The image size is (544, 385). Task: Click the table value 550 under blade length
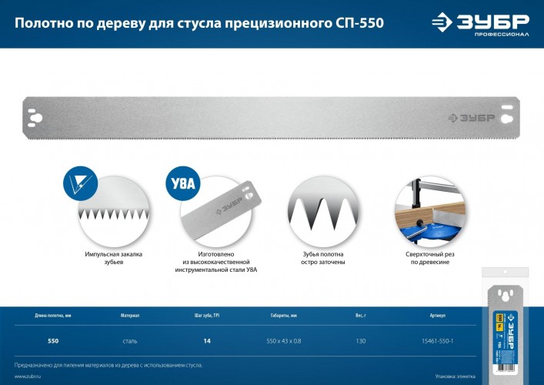coord(53,340)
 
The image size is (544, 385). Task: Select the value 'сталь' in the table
coord(130,340)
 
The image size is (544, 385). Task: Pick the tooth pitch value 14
coord(206,340)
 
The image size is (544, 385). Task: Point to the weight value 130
coord(359,340)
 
